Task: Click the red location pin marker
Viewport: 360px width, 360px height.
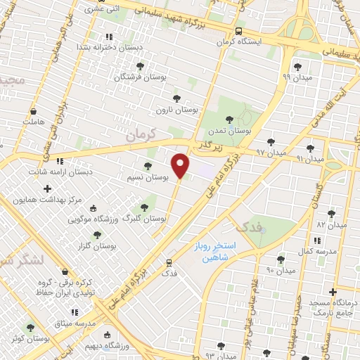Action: [181, 165]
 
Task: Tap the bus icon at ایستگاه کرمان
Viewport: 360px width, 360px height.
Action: [238, 31]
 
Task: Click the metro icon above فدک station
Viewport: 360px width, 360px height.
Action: [169, 262]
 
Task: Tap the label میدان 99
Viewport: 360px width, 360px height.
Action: [296, 76]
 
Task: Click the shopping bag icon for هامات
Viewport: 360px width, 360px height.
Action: [33, 111]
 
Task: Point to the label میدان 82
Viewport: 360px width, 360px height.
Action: [333, 225]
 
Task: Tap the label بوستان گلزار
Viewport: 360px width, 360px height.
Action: [96, 245]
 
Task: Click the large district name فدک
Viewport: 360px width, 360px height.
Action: [247, 226]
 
